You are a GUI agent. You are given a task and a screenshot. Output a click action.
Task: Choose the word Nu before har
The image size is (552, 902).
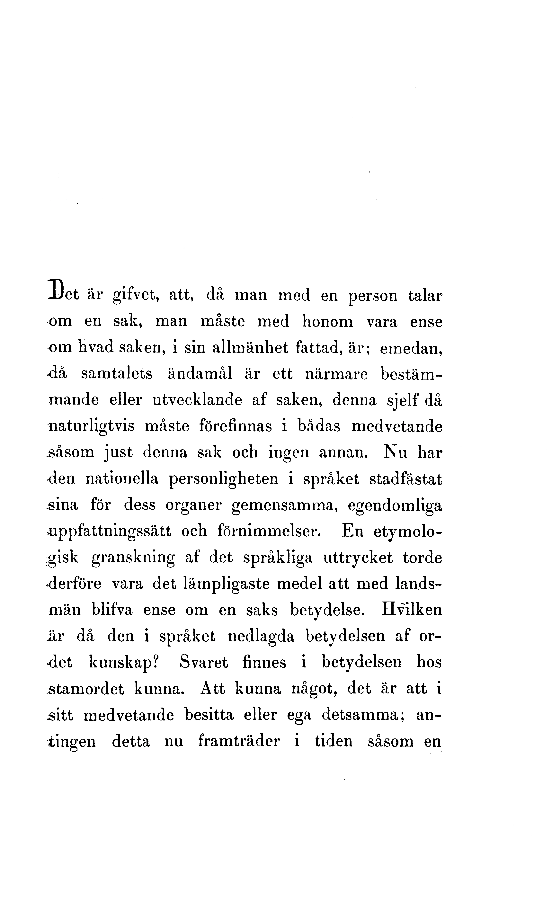(x=395, y=452)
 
